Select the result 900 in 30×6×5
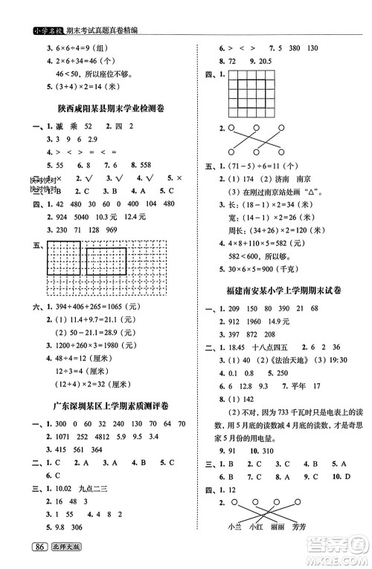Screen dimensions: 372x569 point(281,267)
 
